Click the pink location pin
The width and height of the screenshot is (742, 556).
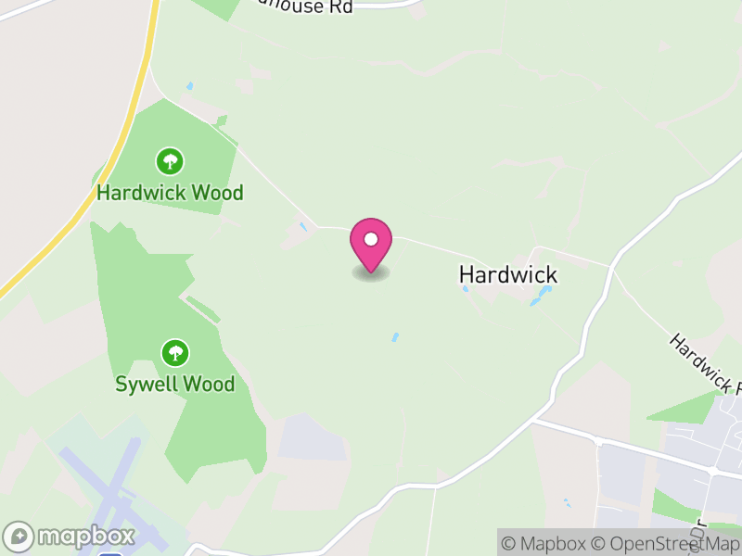pos(371,244)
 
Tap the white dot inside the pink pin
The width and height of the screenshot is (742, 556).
pos(371,239)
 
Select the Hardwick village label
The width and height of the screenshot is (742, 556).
pos(508,274)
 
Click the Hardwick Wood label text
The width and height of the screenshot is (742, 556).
pos(170,193)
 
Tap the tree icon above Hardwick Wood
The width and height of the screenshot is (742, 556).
pos(169,162)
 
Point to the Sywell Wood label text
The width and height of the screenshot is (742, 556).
pos(174,384)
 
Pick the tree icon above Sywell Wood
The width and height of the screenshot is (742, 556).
pos(174,352)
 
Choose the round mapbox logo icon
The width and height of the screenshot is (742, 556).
pos(19,537)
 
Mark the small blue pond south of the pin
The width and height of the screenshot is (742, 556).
pos(395,337)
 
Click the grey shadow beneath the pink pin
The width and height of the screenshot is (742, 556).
pos(371,273)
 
